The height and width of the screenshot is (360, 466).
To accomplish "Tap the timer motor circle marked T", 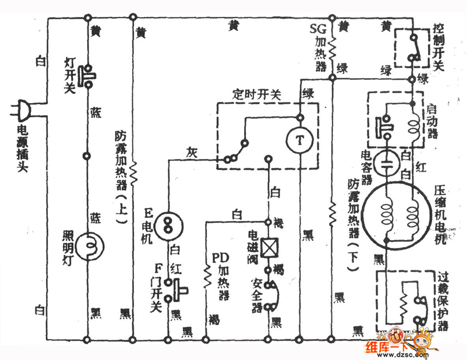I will point(298,139).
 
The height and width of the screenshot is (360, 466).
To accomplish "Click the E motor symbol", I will point(169,221).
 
